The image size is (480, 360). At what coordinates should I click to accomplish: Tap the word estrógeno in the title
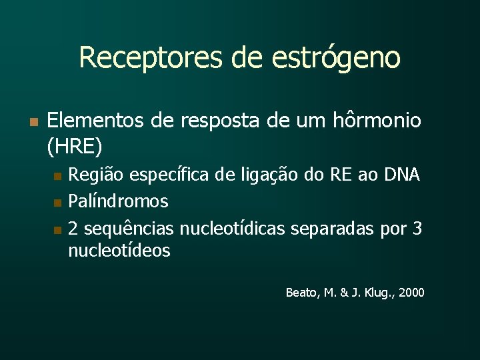[x=336, y=59]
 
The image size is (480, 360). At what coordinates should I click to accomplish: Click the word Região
[x=95, y=175]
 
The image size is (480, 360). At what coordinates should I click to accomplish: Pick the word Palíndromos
[x=118, y=201]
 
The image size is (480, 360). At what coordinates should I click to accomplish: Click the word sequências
[x=129, y=229]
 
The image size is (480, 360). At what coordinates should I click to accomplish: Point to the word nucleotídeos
[x=119, y=251]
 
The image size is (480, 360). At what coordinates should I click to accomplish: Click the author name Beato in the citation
[x=301, y=293]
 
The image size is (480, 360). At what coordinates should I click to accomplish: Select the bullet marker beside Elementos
[x=32, y=122]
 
